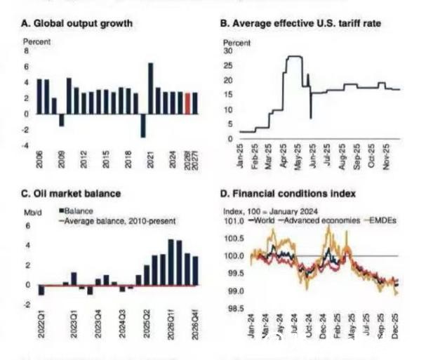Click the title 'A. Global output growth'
coord(77,24)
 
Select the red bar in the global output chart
coord(187,102)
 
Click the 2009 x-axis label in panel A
coord(62,159)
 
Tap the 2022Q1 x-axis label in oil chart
coord(41,324)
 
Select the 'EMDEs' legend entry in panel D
coord(397,220)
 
